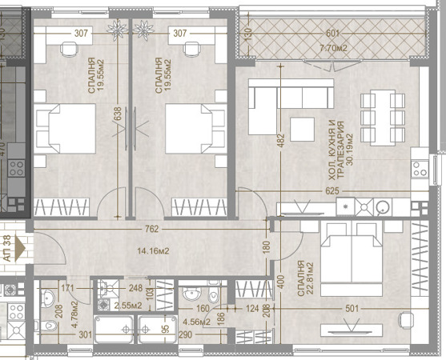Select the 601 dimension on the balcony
tap(333, 34)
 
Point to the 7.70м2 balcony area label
tap(333, 46)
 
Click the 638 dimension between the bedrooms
tap(119, 114)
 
